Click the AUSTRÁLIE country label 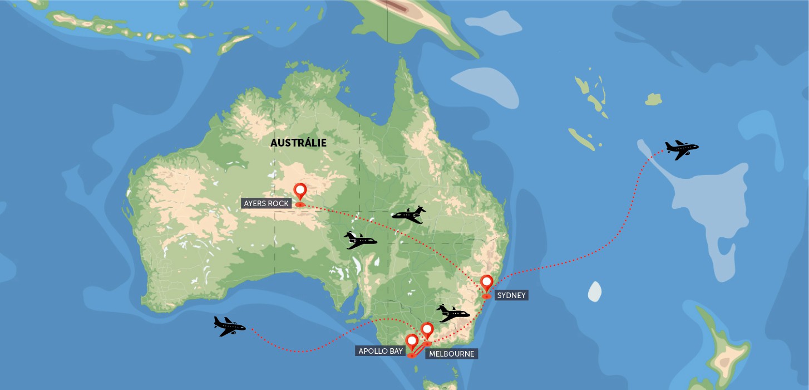click(x=298, y=143)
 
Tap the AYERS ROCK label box click(x=267, y=203)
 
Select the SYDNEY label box click(x=511, y=295)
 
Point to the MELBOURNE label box click(x=451, y=354)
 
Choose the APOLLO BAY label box click(x=381, y=351)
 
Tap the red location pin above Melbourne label click(x=427, y=330)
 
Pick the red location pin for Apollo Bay click(x=412, y=342)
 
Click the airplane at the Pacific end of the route click(x=682, y=149)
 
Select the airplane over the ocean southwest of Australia click(x=229, y=326)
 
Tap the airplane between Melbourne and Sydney click(x=452, y=314)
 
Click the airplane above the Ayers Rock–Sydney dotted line click(x=409, y=214)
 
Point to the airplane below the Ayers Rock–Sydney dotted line click(x=360, y=241)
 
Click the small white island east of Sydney click(x=595, y=291)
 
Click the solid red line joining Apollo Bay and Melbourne click(x=420, y=349)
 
